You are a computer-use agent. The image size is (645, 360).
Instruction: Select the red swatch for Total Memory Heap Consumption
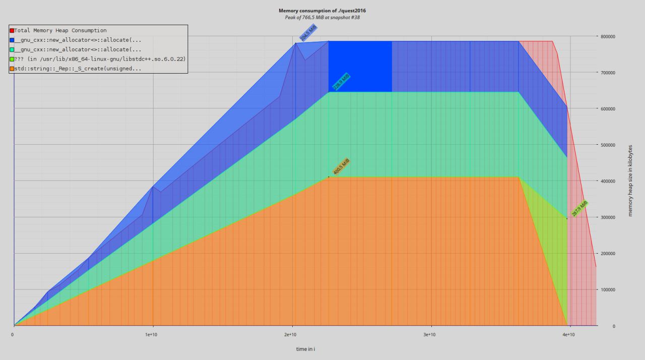click(x=12, y=31)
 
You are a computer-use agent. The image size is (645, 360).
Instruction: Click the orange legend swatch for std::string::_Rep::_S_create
click(x=12, y=69)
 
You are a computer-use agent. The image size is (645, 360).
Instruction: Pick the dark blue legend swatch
click(x=12, y=40)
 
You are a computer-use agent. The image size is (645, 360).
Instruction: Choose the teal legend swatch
click(x=12, y=50)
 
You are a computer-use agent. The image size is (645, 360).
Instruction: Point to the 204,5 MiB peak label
click(x=308, y=33)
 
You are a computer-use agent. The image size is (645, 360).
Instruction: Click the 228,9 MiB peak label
click(x=342, y=82)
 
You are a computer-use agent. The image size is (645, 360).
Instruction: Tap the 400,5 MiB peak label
click(x=342, y=166)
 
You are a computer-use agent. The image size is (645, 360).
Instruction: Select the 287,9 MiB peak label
click(x=580, y=209)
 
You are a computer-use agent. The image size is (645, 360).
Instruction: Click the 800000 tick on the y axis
click(x=607, y=36)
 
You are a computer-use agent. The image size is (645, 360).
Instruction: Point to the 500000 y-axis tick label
click(x=607, y=145)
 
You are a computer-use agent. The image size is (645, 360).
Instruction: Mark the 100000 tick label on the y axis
click(x=607, y=290)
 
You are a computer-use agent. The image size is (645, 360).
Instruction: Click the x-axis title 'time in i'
click(x=305, y=349)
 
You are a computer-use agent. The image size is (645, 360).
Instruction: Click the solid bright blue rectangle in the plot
click(x=360, y=67)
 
